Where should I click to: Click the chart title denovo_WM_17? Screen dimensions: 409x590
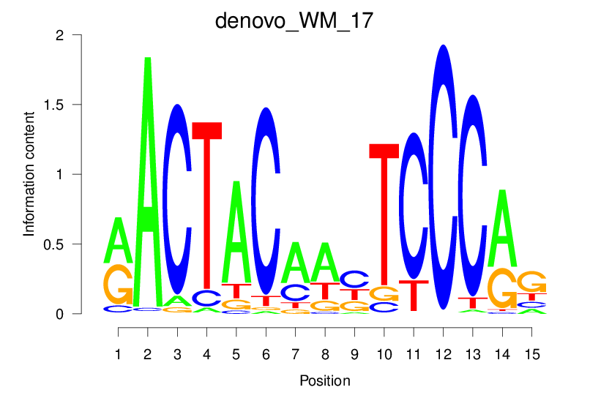tap(294, 20)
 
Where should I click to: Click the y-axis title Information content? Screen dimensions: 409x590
tap(30, 173)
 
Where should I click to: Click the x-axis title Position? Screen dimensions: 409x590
tap(325, 381)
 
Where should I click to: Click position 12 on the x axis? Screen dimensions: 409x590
tap(443, 354)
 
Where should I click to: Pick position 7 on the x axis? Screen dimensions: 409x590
tap(295, 354)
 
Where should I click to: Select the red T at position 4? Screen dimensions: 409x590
tap(207, 205)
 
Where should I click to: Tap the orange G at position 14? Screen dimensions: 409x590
tap(501, 288)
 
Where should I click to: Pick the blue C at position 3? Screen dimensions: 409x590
tap(178, 198)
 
